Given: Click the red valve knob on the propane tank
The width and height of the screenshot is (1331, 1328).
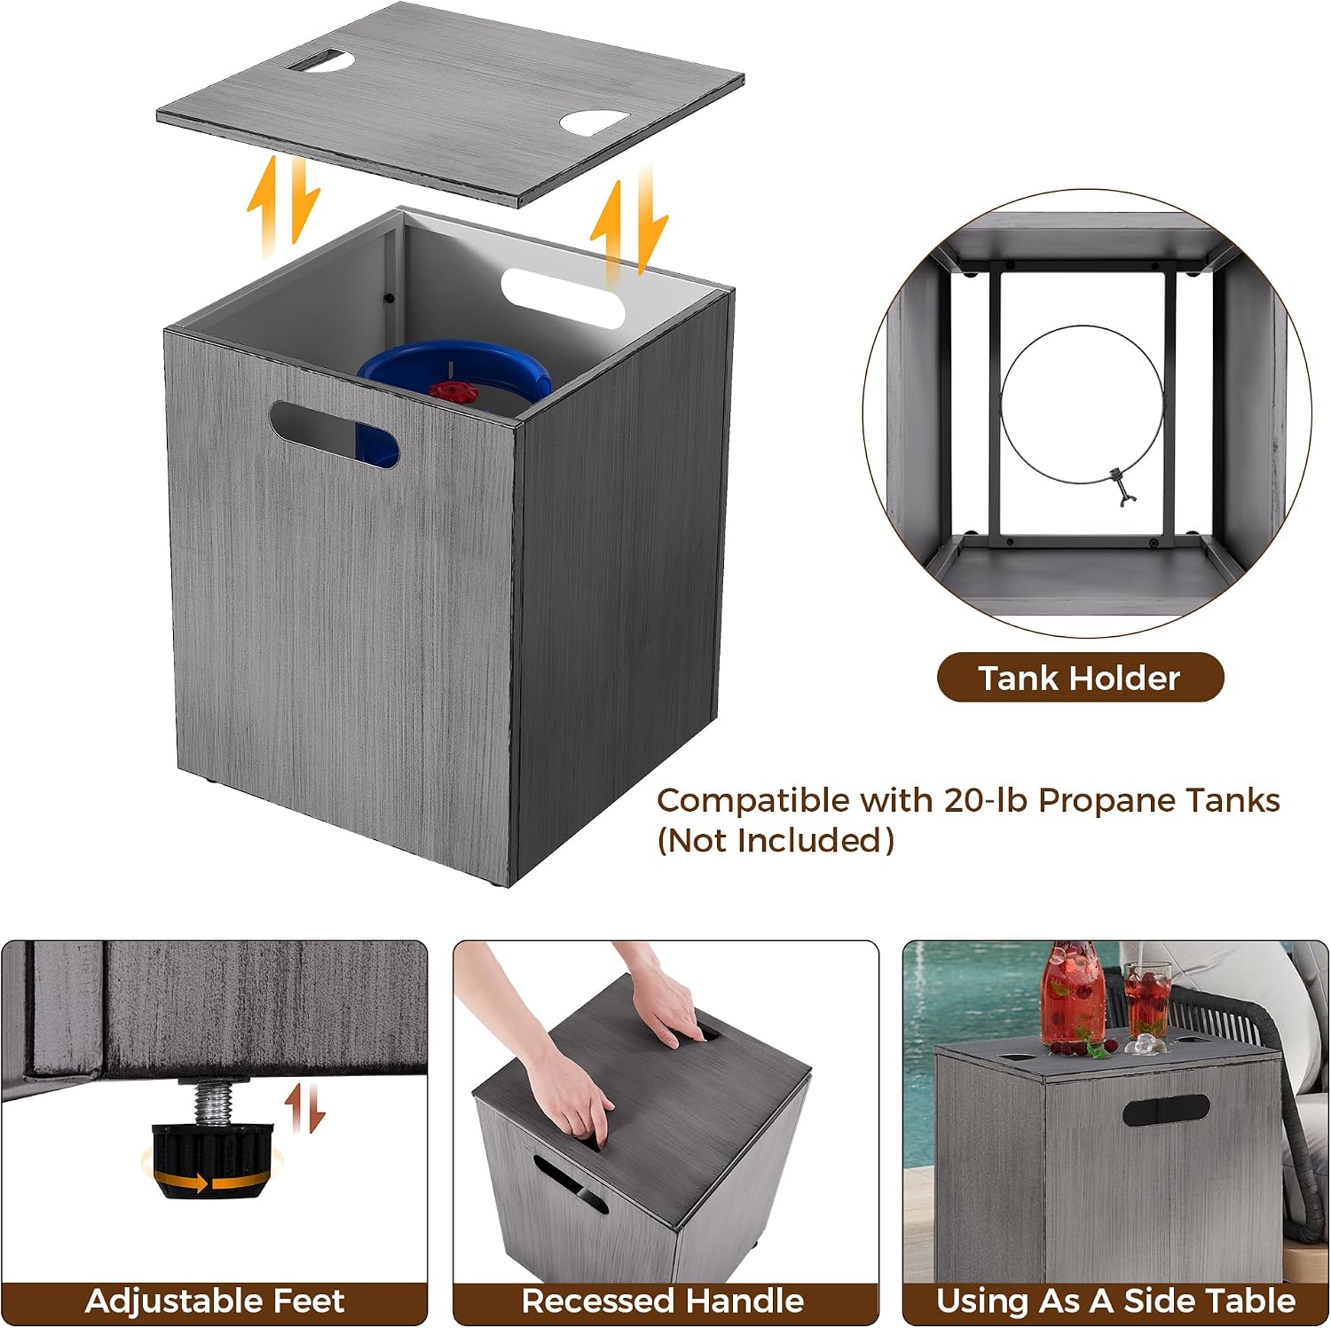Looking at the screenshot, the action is click(x=453, y=391).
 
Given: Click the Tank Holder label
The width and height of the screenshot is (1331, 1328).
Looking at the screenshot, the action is click(x=1080, y=678).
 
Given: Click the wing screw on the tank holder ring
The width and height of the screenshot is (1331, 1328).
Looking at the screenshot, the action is click(x=1122, y=487).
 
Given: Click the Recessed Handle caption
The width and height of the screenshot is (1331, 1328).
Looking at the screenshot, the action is click(x=663, y=1300).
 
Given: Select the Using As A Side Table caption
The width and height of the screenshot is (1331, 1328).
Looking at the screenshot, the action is click(x=1115, y=1300).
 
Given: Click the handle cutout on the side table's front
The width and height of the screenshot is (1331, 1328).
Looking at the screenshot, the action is click(x=1165, y=1111).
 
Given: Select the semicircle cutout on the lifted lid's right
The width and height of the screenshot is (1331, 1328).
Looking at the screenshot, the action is click(x=595, y=122).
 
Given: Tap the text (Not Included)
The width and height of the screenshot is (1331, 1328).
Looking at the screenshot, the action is click(x=776, y=840).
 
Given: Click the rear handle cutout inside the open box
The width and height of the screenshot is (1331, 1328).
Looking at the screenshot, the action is click(x=563, y=298).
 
